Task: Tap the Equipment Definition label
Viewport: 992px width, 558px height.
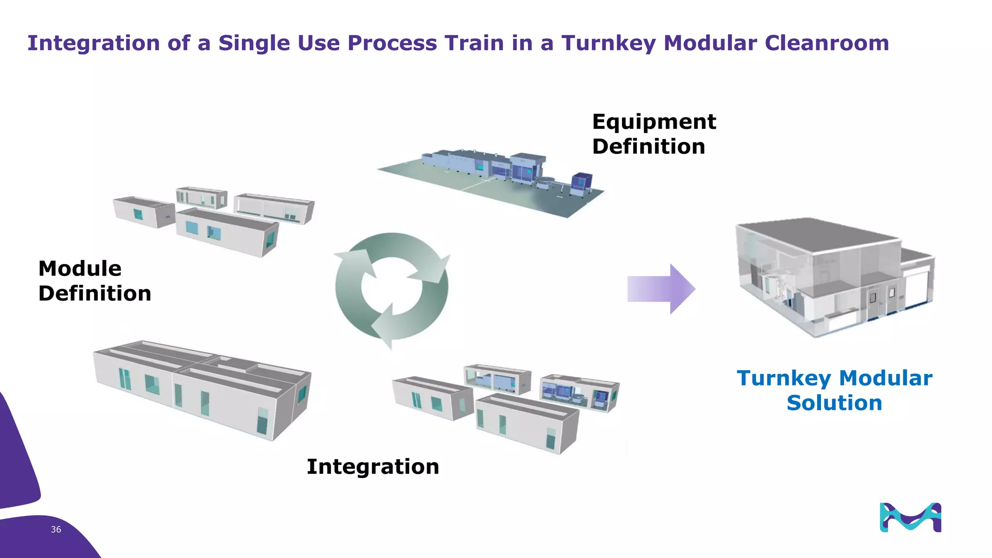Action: point(653,134)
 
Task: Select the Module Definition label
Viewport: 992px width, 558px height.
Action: point(94,281)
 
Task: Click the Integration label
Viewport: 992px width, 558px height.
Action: point(373,466)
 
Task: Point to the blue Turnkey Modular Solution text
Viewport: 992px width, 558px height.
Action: point(834,390)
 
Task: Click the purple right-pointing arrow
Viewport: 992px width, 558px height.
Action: point(661,289)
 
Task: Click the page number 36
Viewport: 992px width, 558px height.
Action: point(56,529)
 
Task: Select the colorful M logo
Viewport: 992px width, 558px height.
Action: point(910,517)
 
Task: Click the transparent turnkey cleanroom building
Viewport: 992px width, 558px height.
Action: point(833,279)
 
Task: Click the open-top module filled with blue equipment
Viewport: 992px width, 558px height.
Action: point(579,392)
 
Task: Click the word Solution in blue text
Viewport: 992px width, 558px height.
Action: point(834,403)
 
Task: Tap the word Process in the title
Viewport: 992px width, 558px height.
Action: point(392,43)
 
